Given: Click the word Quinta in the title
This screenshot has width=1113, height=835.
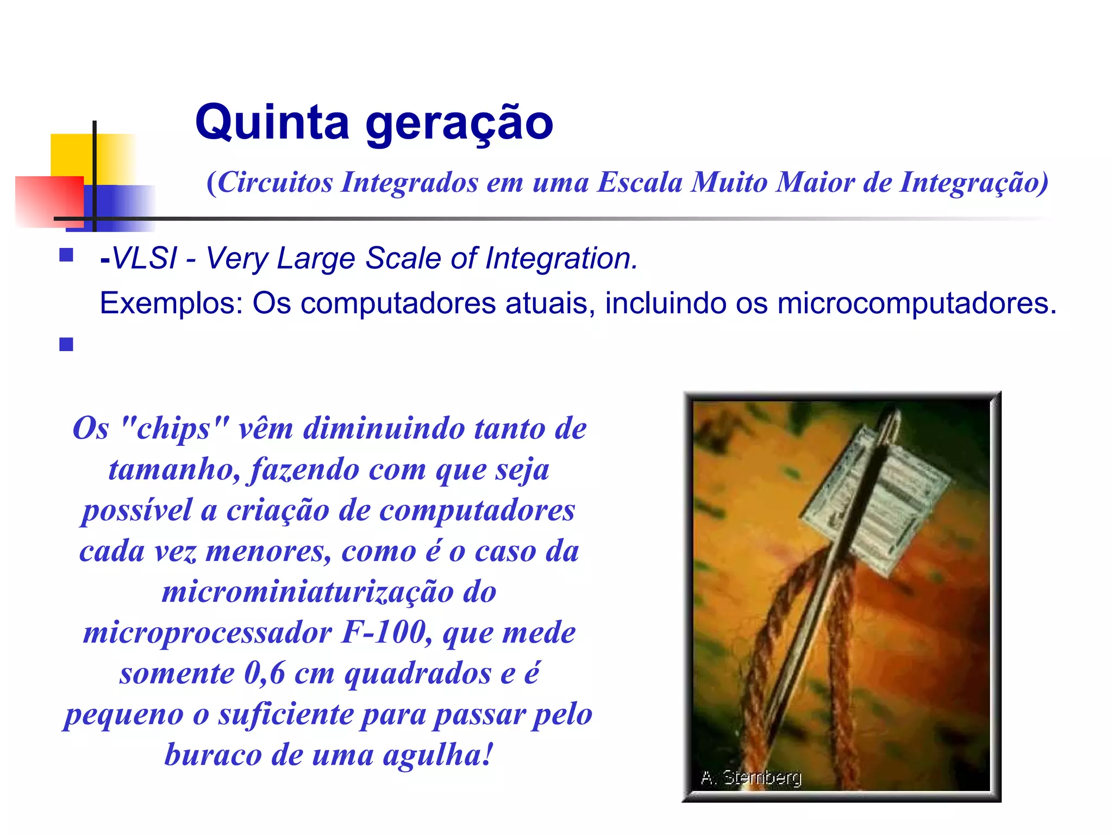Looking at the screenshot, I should [x=272, y=122].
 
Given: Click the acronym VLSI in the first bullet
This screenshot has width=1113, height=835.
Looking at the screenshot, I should [x=144, y=258].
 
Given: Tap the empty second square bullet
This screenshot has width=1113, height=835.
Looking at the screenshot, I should [x=66, y=345].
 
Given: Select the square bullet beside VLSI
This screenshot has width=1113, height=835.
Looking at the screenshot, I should [x=66, y=255].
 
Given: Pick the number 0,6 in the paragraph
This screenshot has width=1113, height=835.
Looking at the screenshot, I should [x=265, y=673].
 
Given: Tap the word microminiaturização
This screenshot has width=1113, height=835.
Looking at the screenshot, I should [x=307, y=591].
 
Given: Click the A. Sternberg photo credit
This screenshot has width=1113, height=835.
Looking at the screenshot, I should [x=751, y=777].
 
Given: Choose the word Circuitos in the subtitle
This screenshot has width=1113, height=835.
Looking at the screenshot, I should [x=275, y=182].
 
